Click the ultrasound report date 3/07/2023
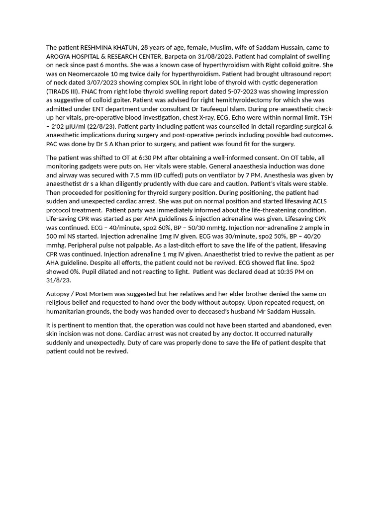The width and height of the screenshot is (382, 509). [x=124, y=83]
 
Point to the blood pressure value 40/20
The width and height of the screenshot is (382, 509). [x=309, y=236]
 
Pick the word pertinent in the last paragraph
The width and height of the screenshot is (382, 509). [x=67, y=325]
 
